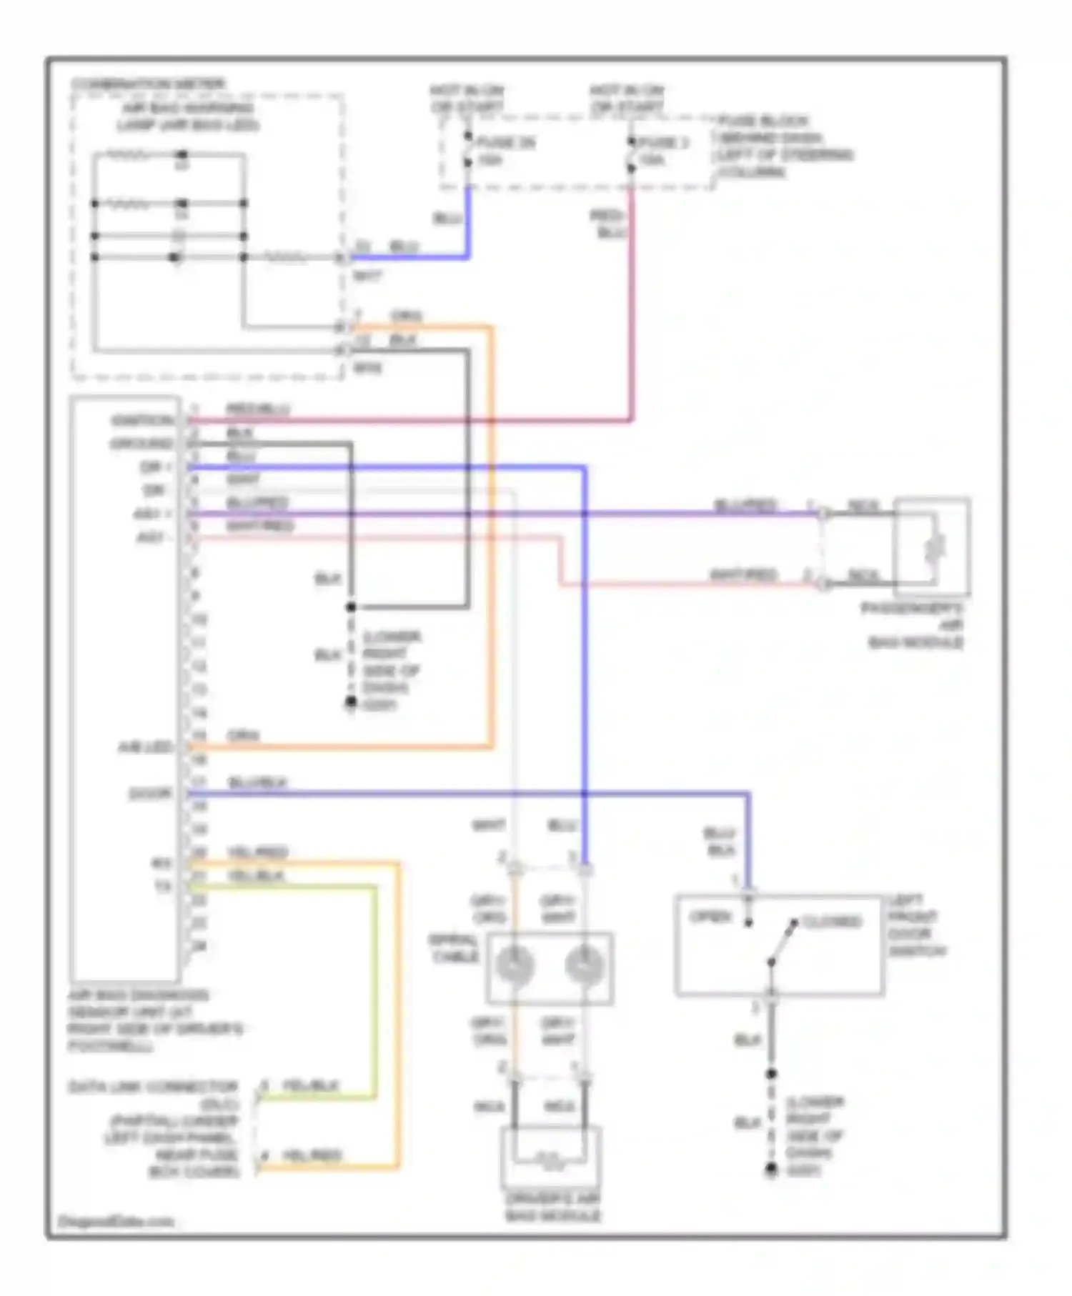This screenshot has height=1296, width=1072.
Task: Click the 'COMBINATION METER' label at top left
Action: tap(148, 84)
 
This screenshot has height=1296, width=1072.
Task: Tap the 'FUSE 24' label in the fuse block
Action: tap(506, 143)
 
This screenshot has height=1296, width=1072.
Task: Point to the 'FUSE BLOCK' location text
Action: tap(763, 121)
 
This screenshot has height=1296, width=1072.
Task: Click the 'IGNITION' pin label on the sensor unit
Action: tap(142, 420)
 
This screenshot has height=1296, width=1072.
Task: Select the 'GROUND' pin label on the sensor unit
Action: tap(142, 444)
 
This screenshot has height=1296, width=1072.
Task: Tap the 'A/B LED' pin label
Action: tap(145, 747)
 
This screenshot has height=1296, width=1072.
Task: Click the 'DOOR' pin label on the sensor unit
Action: tap(150, 794)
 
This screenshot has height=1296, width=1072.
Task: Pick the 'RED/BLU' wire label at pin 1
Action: tap(258, 409)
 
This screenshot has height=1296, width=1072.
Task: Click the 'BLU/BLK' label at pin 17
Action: tap(257, 783)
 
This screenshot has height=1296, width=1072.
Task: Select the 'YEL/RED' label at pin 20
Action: tap(257, 852)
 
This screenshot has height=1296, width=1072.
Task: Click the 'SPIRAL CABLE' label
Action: tap(454, 948)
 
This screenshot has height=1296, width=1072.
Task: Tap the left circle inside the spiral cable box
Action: tap(515, 966)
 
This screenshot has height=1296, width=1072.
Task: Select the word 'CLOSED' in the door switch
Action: tap(832, 922)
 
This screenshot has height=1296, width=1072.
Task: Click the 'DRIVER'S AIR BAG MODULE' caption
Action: tap(553, 1207)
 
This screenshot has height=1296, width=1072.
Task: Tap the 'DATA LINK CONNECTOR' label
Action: tap(152, 1087)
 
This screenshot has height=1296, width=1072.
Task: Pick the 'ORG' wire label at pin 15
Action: tap(243, 736)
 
